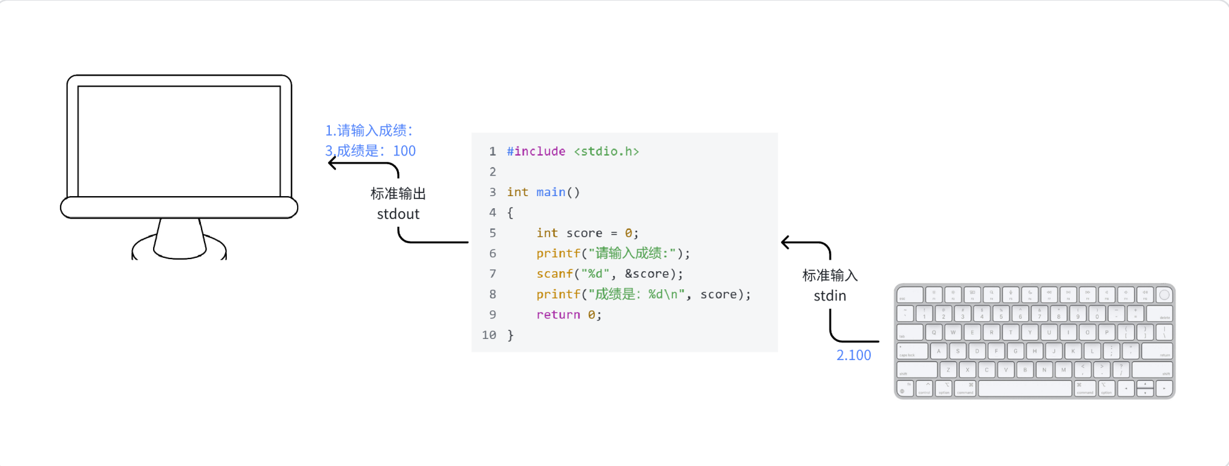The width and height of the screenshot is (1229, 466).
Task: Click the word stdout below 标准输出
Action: coord(398,214)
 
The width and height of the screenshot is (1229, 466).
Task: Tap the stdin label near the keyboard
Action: coord(830,296)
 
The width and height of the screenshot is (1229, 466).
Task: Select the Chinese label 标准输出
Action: coord(398,194)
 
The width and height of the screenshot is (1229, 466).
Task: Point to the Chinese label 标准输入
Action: coord(830,275)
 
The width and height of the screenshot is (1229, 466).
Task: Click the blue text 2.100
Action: coord(853,355)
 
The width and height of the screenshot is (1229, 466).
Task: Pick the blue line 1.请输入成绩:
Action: coord(369,131)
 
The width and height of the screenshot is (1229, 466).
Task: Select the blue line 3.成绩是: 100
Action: coord(370,151)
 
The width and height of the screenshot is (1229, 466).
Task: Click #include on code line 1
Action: coord(536,151)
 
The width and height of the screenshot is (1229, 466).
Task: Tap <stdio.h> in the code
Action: coord(606,151)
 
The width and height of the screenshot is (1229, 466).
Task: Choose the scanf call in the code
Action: coord(554,274)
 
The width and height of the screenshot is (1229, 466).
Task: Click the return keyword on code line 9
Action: coord(558,315)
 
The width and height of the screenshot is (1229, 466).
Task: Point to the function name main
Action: coord(551,192)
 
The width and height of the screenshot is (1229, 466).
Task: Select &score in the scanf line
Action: coord(647,274)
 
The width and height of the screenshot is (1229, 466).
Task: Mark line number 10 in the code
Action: coord(489,335)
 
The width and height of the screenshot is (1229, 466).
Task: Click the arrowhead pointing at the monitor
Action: coord(332,163)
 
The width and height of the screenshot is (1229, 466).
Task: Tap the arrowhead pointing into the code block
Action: coord(785,243)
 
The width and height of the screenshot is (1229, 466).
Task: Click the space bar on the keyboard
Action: coord(1024,389)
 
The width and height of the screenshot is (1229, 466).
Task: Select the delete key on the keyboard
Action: coord(1159,314)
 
